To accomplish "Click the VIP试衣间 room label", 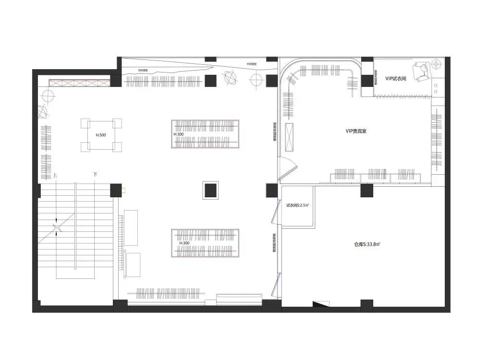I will click(395, 78).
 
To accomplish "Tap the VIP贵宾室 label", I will click(356, 131).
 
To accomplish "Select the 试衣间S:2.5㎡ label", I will click(297, 205).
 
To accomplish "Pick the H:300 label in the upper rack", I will click(178, 134).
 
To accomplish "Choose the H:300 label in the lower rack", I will click(184, 243).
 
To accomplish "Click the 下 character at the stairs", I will click(95, 175).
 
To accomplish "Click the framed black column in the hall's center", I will click(210, 190).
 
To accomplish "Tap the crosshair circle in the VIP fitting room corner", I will click(436, 63).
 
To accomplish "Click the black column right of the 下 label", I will click(116, 190).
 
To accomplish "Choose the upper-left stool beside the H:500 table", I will click(86, 124).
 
